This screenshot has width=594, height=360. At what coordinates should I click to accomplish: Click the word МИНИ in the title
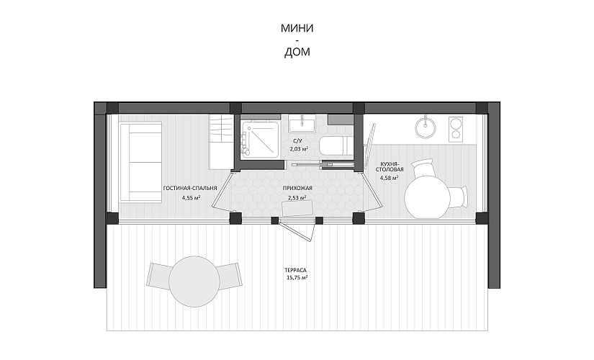point(297,28)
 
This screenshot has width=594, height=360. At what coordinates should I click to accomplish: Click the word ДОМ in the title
point(297,52)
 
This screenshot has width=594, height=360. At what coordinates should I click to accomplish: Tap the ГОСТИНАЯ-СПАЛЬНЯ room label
point(190,188)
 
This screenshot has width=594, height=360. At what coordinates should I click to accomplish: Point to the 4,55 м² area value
point(191,197)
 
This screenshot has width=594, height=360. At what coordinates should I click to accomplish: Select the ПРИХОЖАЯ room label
point(297,188)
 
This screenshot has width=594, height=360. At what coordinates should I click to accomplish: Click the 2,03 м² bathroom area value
point(299,149)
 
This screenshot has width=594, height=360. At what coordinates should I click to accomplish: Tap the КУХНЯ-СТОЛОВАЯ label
point(390,167)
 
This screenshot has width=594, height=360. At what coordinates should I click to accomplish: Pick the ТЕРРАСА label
point(295,270)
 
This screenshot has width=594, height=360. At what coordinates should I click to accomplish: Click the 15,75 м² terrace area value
point(297,278)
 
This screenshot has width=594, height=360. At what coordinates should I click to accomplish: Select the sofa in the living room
point(141,162)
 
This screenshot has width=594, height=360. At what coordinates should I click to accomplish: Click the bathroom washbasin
point(302,124)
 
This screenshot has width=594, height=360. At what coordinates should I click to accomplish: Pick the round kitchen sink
point(427,127)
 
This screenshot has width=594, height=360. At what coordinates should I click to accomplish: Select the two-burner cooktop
point(456,129)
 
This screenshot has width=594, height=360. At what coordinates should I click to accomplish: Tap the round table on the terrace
point(194,282)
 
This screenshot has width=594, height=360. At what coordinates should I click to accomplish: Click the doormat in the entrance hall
point(298,208)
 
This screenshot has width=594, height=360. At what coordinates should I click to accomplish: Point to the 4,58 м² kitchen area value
point(389,178)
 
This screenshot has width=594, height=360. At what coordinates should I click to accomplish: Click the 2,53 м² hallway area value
point(297,197)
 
